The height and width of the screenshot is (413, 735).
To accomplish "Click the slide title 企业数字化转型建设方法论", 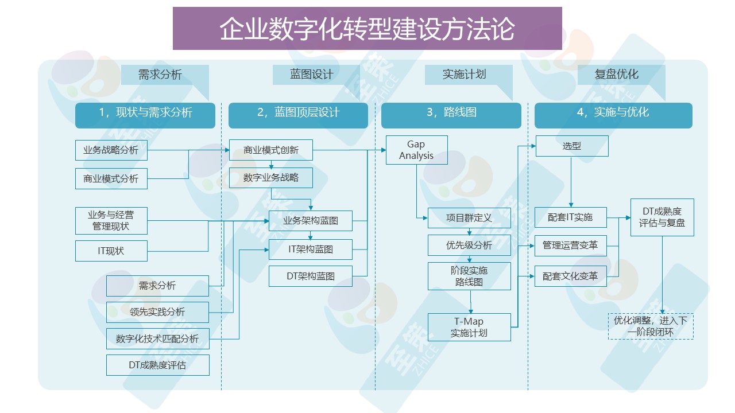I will pyautogui.click(x=367, y=29).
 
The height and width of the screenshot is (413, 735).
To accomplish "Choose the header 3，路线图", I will pyautogui.click(x=451, y=112).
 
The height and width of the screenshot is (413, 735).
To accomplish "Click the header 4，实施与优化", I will pyautogui.click(x=613, y=112).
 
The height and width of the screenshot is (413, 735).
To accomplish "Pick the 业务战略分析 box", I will pyautogui.click(x=111, y=150).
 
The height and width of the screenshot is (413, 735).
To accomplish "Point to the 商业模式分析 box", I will pyautogui.click(x=111, y=179).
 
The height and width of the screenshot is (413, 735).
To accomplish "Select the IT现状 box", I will pyautogui.click(x=111, y=251).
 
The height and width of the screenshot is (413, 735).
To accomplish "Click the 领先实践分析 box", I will pyautogui.click(x=157, y=312).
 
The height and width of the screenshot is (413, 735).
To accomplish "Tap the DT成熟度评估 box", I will pyautogui.click(x=157, y=365).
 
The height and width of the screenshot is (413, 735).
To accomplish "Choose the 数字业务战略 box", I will pyautogui.click(x=271, y=178).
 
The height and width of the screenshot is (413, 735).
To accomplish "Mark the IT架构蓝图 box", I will pyautogui.click(x=311, y=250).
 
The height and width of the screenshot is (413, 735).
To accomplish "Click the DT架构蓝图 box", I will pyautogui.click(x=311, y=276).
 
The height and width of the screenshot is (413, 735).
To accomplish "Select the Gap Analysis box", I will pyautogui.click(x=416, y=150).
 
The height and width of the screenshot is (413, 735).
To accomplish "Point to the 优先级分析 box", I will pyautogui.click(x=469, y=246).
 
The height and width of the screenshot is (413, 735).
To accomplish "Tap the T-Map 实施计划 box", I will pyautogui.click(x=469, y=327).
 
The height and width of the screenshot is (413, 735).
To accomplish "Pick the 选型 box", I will pyautogui.click(x=572, y=146).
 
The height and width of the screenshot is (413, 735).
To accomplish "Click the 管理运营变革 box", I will pyautogui.click(x=570, y=246).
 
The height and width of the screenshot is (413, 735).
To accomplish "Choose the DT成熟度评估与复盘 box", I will pyautogui.click(x=662, y=217).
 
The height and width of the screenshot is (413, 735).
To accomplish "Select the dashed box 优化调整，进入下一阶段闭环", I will pyautogui.click(x=651, y=326).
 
